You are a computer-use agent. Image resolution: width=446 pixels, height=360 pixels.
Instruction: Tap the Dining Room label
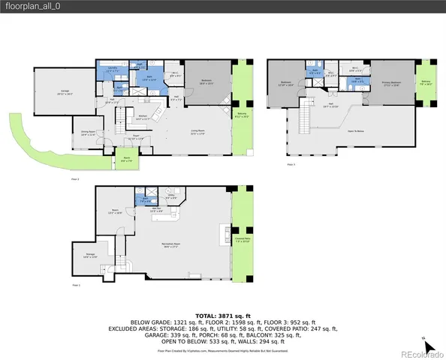pyautogui.click(x=87, y=133)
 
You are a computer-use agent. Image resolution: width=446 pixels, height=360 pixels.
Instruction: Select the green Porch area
pyautogui.click(x=126, y=160)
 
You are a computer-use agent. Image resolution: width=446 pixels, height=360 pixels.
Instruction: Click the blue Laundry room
pyautogui.click(x=110, y=70)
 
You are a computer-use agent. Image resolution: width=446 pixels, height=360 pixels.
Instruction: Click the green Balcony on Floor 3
pyautogui.click(x=426, y=83)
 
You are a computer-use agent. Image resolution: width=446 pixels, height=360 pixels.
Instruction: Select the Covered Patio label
pyautogui.click(x=242, y=241)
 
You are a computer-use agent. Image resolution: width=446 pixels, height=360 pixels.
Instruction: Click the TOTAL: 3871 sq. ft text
pyautogui.click(x=222, y=318)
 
